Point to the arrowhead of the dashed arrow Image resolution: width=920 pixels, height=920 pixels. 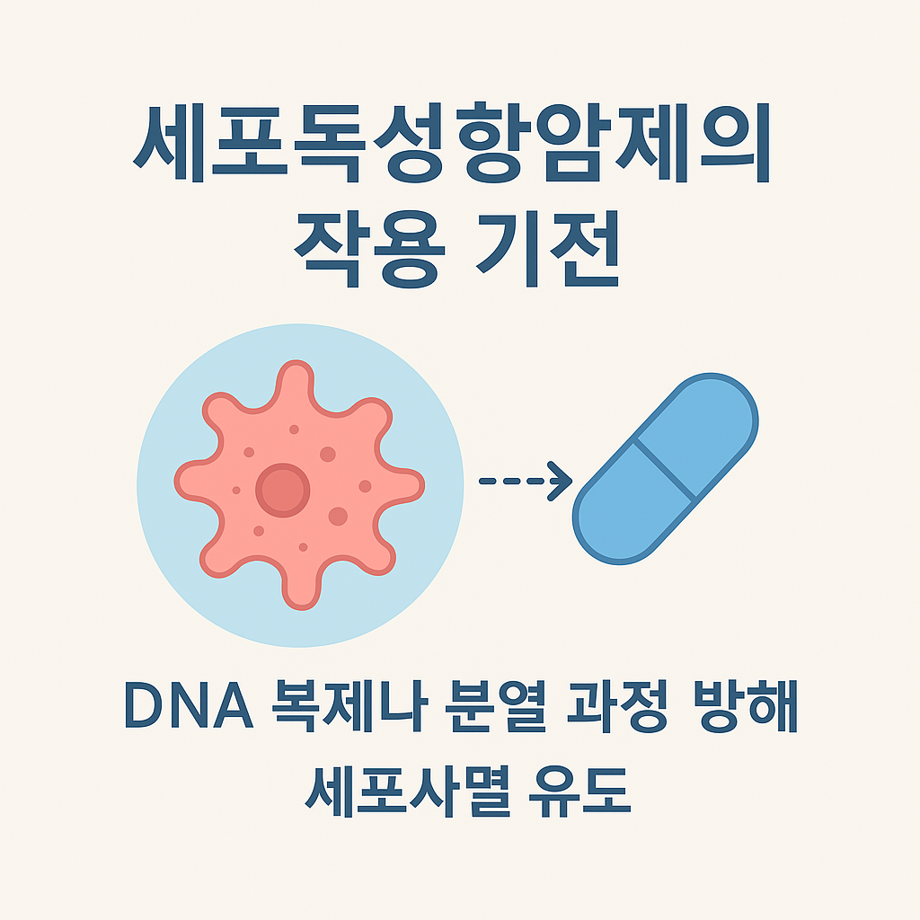562,482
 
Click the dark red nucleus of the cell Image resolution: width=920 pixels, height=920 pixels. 282,491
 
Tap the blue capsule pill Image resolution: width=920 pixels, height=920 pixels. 666,468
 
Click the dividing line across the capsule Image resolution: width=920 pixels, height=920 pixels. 666,468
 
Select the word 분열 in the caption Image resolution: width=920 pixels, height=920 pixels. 471,710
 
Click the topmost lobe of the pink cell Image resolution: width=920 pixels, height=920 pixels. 295,382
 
